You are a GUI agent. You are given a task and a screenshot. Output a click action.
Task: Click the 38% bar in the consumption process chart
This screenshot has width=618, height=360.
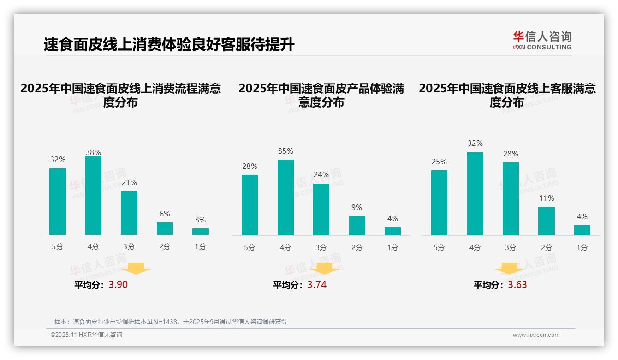[93, 196]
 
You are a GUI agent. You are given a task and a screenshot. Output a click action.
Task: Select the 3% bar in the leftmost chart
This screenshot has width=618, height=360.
[201, 232]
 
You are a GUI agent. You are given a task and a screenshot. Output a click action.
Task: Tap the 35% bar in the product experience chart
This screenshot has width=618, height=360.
[285, 198]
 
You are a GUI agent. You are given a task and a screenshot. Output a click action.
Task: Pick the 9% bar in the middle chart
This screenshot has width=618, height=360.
[357, 226]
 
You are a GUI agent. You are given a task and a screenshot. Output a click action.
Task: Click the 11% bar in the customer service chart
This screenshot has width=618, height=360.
[547, 221]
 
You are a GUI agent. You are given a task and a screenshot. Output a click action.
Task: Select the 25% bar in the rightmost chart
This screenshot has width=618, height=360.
[439, 203]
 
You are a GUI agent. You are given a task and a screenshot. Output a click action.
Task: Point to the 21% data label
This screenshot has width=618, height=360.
[129, 183]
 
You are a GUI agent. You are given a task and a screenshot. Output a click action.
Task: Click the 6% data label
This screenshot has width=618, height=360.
[165, 214]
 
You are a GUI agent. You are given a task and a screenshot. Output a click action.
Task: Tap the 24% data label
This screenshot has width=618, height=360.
[321, 175]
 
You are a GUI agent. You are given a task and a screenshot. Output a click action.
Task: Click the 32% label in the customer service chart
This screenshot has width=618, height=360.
[475, 144]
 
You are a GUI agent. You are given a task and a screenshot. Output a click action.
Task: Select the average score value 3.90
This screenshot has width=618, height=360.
[118, 285]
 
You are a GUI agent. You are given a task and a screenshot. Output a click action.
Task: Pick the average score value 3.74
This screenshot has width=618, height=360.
[317, 285]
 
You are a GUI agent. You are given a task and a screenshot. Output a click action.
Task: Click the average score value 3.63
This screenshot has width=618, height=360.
[517, 285]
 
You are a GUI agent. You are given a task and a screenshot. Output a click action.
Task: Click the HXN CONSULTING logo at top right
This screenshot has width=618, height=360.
[542, 40]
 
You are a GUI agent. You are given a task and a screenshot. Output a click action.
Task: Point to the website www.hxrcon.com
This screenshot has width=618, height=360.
[536, 335]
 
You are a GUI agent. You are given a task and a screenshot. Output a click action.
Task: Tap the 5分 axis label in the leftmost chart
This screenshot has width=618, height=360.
[58, 247]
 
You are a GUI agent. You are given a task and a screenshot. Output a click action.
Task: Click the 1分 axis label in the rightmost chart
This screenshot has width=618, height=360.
[582, 248]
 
